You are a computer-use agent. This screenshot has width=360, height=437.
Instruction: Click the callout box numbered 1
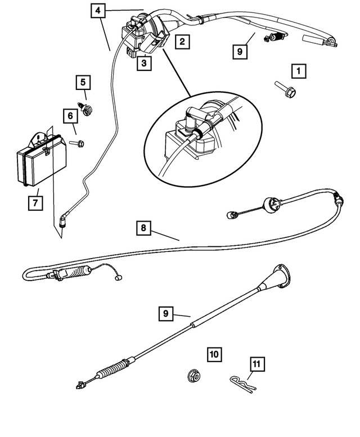point(298,71)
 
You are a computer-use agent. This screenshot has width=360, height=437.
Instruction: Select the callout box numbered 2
point(181,41)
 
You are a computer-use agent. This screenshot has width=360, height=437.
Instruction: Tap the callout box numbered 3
point(143,64)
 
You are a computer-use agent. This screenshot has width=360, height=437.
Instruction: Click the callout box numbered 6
point(70,116)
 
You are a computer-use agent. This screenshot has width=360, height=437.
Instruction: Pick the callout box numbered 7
point(35,202)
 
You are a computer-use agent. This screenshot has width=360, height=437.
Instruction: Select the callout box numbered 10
point(214,354)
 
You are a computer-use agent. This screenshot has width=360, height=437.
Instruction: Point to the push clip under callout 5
point(87,109)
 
